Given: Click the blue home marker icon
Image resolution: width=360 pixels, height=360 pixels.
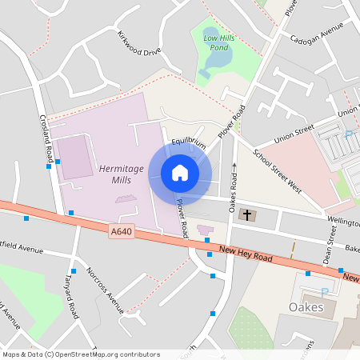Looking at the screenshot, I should click(x=180, y=172).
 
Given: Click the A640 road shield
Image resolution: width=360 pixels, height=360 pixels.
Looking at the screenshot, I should click(x=121, y=232).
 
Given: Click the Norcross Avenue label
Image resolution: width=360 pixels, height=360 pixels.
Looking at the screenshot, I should click(x=106, y=289).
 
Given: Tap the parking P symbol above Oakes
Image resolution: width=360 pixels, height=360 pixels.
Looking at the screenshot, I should click(x=324, y=293).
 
